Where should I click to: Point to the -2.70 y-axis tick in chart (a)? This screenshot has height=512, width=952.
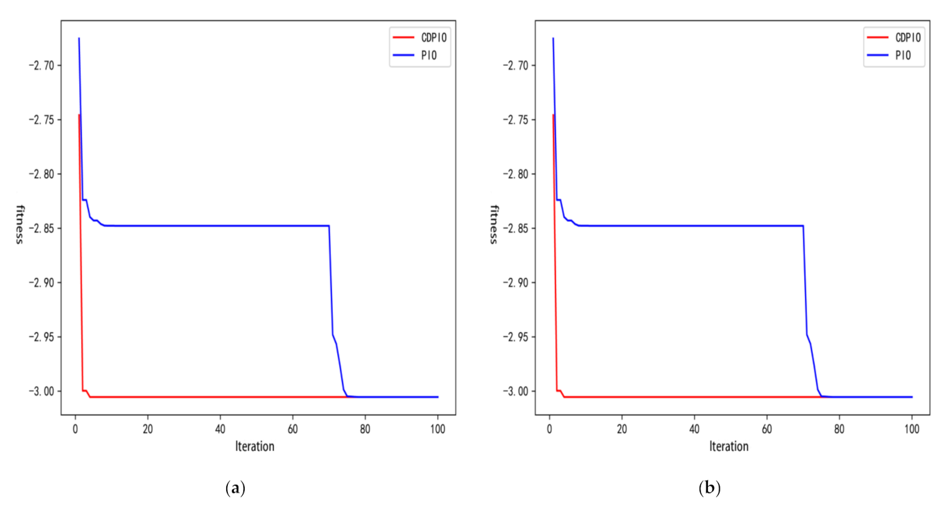(x=41, y=65)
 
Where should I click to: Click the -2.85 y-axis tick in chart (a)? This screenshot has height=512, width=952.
(x=41, y=228)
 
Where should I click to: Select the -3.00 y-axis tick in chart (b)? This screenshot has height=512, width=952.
(x=515, y=391)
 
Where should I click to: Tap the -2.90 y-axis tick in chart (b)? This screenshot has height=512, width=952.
(x=515, y=283)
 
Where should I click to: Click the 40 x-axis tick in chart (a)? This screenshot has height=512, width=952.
(x=220, y=429)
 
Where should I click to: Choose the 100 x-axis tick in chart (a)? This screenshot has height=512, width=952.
(x=438, y=429)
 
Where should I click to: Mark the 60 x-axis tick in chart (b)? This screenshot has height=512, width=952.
(x=767, y=429)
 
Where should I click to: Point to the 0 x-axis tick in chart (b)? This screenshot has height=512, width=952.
(x=550, y=429)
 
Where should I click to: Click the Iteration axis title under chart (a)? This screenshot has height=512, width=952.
(x=254, y=447)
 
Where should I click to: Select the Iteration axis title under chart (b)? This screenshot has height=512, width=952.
(x=729, y=447)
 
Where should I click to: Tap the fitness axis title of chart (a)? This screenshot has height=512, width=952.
(x=20, y=224)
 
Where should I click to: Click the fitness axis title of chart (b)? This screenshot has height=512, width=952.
(x=494, y=224)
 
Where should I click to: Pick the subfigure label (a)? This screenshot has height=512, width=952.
(x=235, y=488)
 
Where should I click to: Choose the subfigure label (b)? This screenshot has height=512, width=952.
(x=710, y=488)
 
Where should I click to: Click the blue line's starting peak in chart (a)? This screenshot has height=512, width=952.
(x=79, y=39)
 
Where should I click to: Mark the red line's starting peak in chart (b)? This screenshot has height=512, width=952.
(x=553, y=115)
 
